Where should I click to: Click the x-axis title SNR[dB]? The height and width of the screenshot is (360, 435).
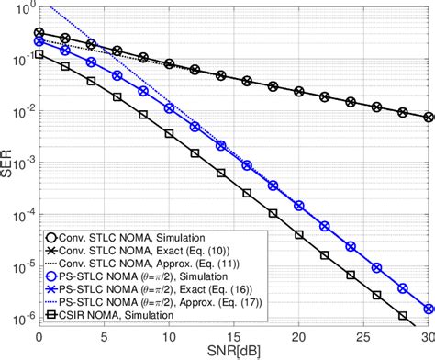pyautogui.click(x=232, y=353)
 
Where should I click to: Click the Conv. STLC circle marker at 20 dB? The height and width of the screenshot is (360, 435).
pyautogui.click(x=298, y=91)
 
